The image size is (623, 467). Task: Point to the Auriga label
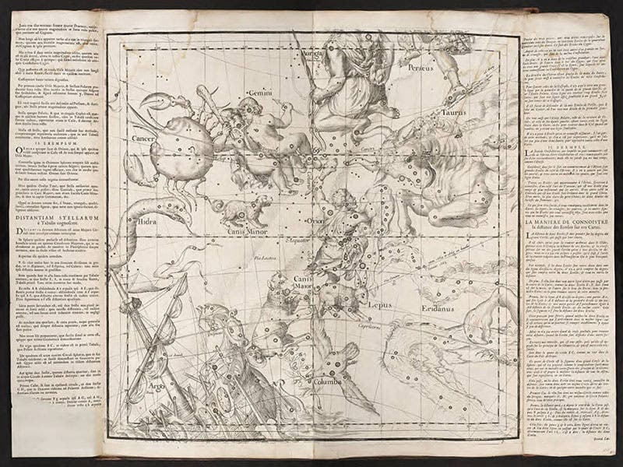pos(313,54)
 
